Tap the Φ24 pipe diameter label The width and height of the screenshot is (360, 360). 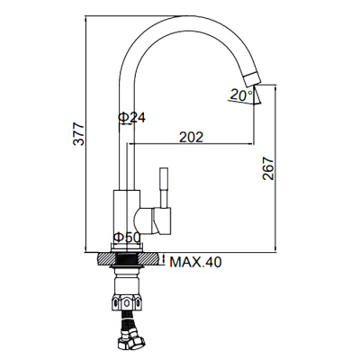[132, 117]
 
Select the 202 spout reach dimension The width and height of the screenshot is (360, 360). [191, 137]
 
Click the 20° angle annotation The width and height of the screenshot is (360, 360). [240, 94]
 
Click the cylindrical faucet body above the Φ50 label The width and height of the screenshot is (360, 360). [125, 211]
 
